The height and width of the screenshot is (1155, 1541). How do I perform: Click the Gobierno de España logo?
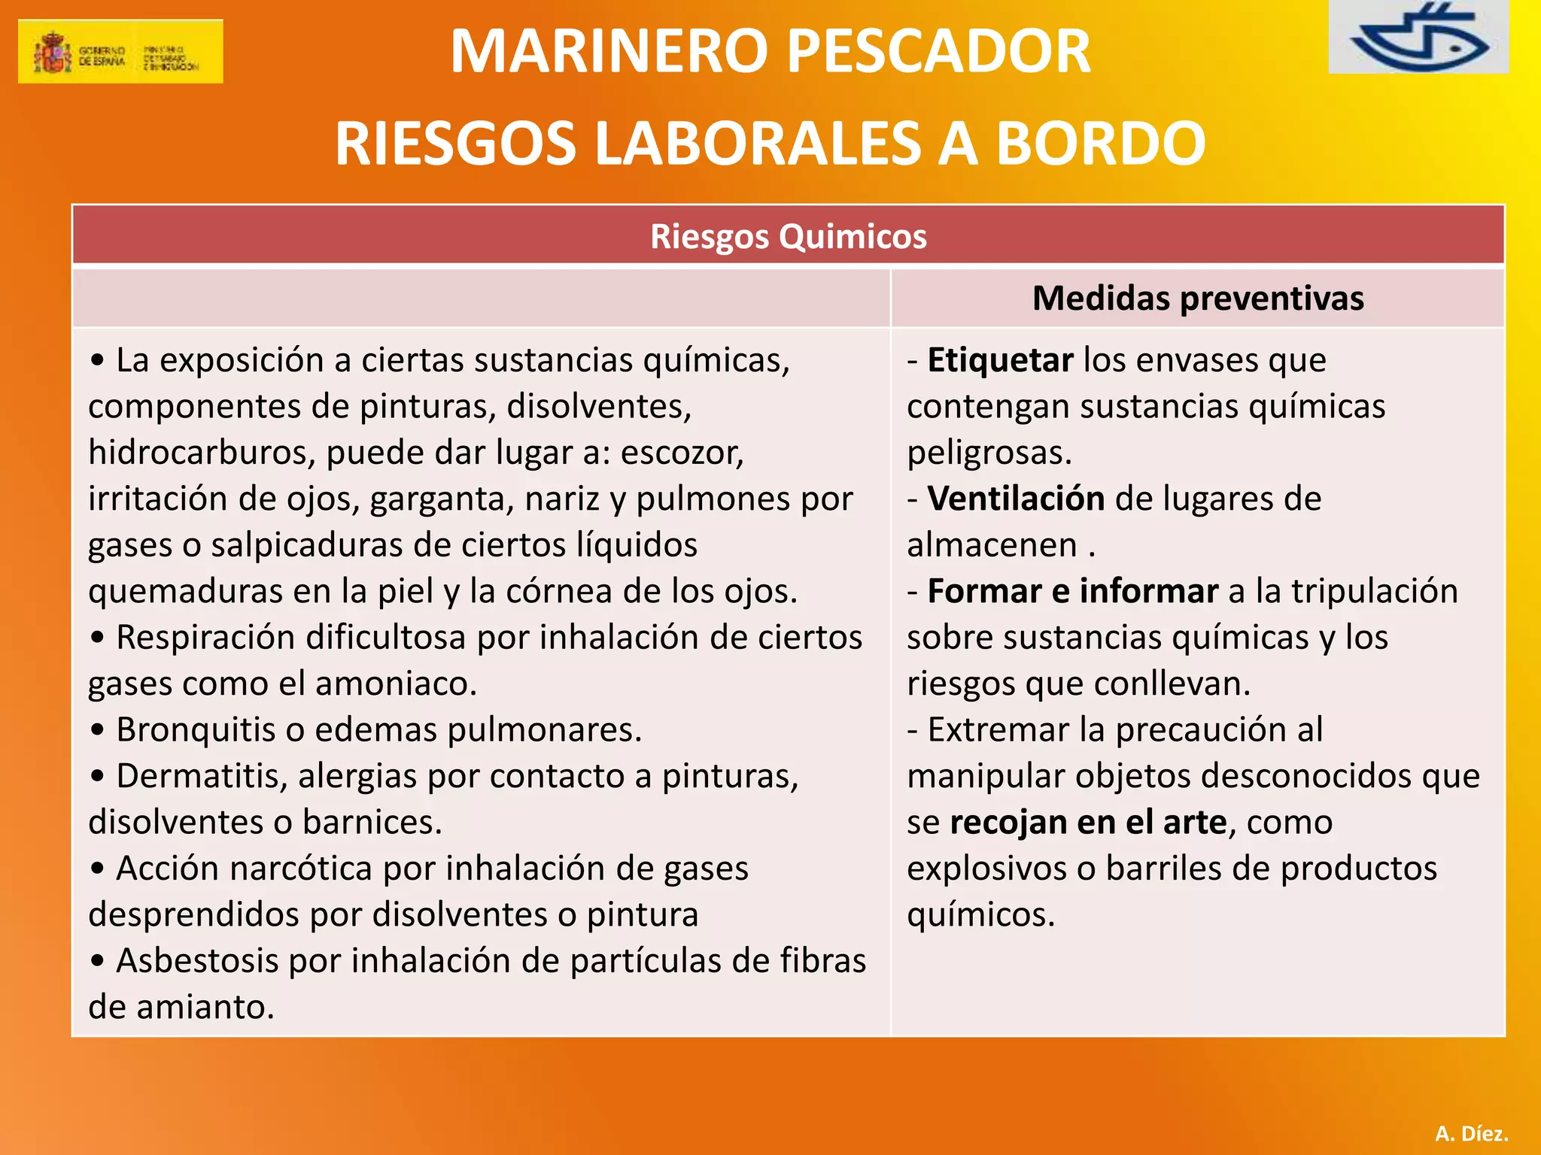(120, 51)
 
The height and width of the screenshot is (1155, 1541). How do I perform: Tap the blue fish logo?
(1418, 38)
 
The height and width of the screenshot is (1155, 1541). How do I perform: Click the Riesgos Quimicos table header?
(788, 236)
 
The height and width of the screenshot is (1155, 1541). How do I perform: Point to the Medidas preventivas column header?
(1197, 298)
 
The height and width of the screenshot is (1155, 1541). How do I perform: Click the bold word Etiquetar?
(1000, 360)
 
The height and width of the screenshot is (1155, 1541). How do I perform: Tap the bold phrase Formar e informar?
(1072, 591)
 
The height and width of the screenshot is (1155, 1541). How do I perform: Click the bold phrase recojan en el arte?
(1088, 822)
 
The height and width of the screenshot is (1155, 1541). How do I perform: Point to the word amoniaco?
(395, 684)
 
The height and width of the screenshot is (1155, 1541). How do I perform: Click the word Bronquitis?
(196, 730)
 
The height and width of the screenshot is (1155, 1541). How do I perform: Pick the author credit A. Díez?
(1471, 1133)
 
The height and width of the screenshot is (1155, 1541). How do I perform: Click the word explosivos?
(986, 869)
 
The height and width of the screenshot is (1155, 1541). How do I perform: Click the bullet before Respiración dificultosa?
(97, 638)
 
